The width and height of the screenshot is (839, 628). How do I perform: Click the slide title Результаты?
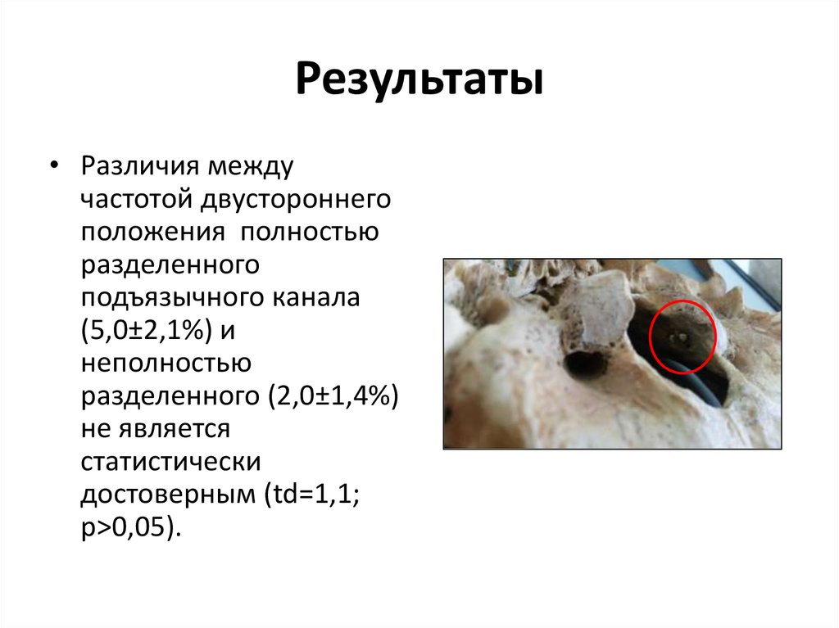point(419,83)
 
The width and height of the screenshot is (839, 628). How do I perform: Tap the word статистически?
point(170,461)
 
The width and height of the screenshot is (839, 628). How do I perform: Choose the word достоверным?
point(163,493)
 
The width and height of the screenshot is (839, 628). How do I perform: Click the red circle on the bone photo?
point(683,336)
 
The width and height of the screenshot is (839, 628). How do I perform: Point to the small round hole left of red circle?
point(587,363)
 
